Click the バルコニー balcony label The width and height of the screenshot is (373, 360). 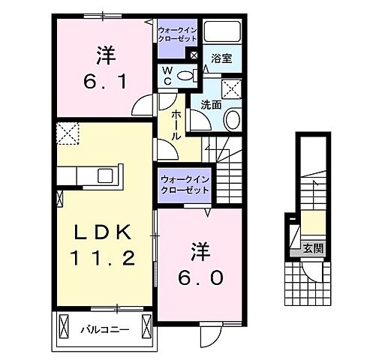click(x=104, y=328)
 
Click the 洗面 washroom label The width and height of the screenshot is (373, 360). click(x=211, y=106)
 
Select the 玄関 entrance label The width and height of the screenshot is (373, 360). click(x=314, y=247)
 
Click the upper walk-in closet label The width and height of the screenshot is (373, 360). click(x=178, y=34)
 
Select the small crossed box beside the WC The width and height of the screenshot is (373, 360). click(x=194, y=54)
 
